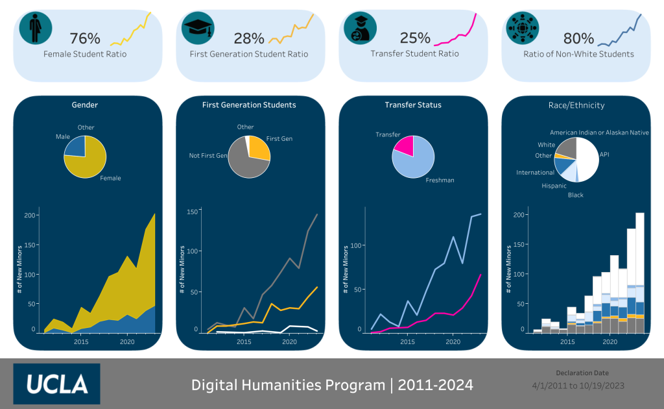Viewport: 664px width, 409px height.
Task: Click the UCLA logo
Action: pyautogui.click(x=57, y=384)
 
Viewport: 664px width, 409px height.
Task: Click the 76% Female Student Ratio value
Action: pyautogui.click(x=84, y=38)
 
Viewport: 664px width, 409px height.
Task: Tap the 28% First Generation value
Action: pyautogui.click(x=248, y=38)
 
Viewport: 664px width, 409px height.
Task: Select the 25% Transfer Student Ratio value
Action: pyautogui.click(x=415, y=38)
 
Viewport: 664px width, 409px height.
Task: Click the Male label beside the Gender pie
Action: pyautogui.click(x=63, y=137)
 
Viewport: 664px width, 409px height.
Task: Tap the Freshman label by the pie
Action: pyautogui.click(x=440, y=180)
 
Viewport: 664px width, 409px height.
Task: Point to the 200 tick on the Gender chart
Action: pyautogui.click(x=27, y=216)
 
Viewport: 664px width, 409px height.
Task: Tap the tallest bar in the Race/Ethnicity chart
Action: pyautogui.click(x=639, y=273)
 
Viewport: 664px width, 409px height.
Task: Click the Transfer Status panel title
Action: pyautogui.click(x=413, y=105)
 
